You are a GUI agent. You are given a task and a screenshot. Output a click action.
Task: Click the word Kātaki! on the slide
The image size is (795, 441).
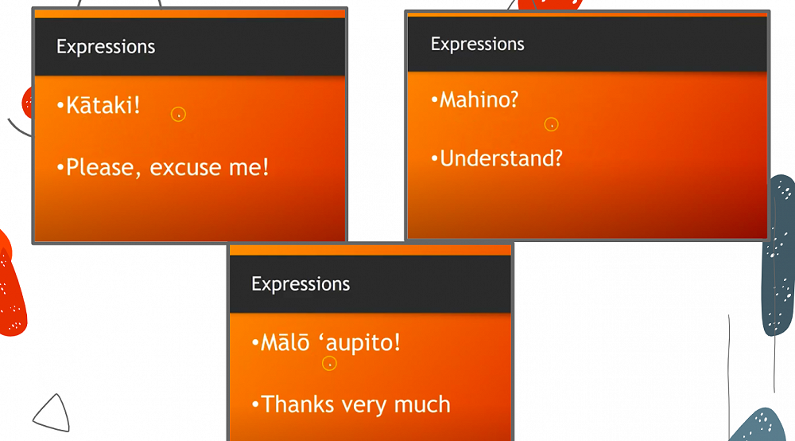click(103, 105)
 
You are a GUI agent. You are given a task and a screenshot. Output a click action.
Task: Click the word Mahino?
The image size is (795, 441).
click(479, 100)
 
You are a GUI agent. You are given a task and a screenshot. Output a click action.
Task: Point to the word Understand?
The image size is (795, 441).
click(501, 158)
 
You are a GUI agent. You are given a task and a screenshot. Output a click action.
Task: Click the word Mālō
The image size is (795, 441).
click(285, 342)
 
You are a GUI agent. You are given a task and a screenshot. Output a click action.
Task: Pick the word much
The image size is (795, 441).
click(422, 404)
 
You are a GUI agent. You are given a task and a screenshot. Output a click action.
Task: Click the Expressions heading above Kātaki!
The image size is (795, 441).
click(106, 47)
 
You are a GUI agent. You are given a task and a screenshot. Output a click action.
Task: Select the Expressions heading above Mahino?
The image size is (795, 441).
click(477, 45)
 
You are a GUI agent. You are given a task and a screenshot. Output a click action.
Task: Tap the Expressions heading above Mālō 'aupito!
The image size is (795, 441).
click(301, 284)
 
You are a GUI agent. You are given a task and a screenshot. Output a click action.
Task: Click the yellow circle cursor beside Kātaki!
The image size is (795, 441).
click(178, 114)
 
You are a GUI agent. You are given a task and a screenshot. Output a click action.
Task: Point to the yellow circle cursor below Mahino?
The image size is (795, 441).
click(551, 124)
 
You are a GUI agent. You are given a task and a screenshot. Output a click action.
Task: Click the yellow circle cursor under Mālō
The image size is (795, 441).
click(330, 363)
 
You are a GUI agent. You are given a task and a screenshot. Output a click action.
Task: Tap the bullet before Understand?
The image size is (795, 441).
click(434, 158)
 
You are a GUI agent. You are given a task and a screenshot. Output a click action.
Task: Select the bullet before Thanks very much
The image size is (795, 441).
click(255, 404)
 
